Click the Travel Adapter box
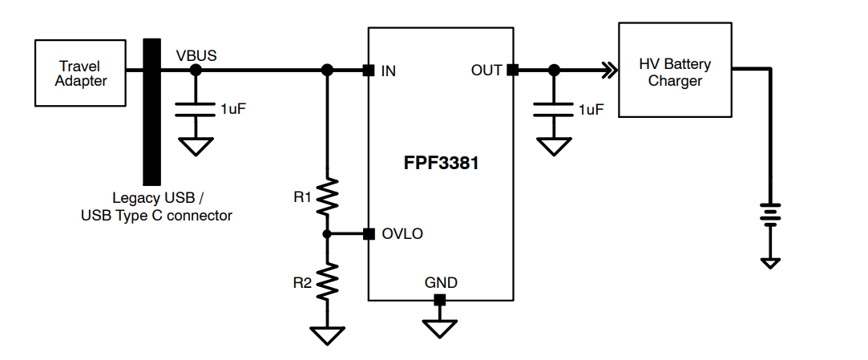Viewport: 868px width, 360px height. pos(81,73)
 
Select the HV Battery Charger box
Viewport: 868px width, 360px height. pos(675,71)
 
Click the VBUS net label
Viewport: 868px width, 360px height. pos(196,55)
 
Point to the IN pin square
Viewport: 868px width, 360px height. pos(368,71)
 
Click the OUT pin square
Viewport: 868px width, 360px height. pos(513,71)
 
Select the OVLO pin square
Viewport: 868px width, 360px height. pos(368,234)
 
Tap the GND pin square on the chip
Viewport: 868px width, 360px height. pos(439,300)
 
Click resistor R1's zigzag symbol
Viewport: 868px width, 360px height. pos(327,197)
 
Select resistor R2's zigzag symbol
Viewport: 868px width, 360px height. pos(327,281)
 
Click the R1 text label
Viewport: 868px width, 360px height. pos(302,197)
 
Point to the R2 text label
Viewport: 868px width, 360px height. pos(302,281)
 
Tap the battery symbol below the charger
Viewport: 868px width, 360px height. pos(769,214)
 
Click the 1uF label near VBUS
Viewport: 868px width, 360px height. pos(232,109)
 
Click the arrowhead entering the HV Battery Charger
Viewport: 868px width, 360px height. pos(610,71)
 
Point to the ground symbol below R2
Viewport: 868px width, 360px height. pos(327,334)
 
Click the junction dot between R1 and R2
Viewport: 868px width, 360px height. pos(327,234)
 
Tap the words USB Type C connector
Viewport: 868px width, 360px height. pos(157,215)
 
